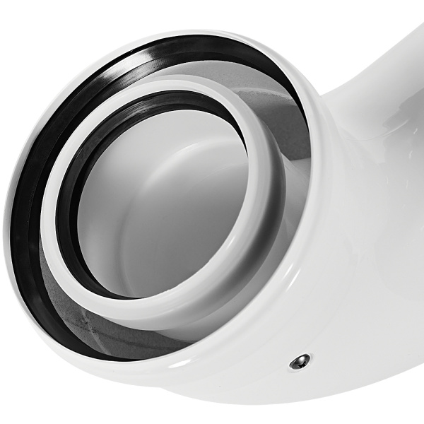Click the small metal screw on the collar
click(x=299, y=363)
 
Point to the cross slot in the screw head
click(x=299, y=363)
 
